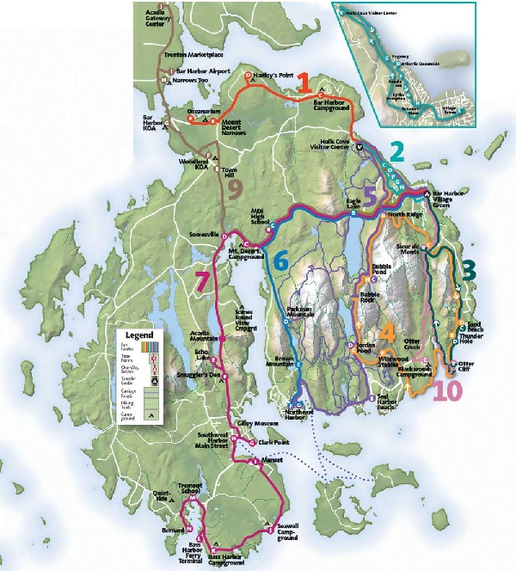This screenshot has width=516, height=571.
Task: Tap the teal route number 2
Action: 396,150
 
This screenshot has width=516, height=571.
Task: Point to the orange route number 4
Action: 387,331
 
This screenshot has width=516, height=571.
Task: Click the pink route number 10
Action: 447,391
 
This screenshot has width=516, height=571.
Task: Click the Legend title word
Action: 138,334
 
